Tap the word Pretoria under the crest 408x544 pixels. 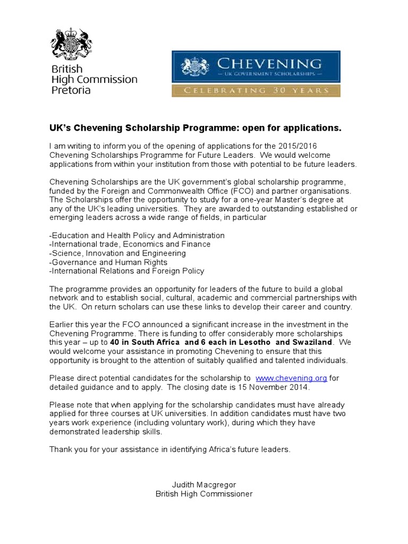click(x=71, y=90)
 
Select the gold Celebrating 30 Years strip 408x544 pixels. click(x=256, y=90)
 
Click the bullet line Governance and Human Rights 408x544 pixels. click(x=108, y=262)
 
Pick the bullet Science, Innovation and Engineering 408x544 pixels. click(x=117, y=253)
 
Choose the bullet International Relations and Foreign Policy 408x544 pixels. click(x=126, y=271)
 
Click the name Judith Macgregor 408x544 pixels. click(x=203, y=485)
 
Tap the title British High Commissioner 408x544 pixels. click(x=203, y=494)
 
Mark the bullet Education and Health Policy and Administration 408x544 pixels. click(x=137, y=235)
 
